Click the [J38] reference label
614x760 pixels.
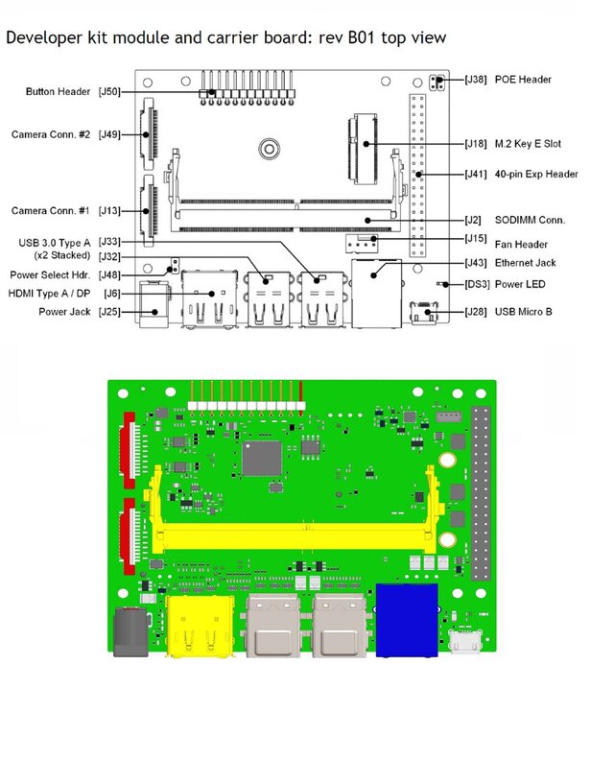[x=477, y=80]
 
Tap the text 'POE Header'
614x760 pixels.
[x=523, y=80]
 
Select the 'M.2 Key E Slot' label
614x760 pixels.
[x=528, y=144]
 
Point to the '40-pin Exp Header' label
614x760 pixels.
[x=536, y=174]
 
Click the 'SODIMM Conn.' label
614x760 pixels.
[x=531, y=220]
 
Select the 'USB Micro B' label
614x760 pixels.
[x=524, y=312]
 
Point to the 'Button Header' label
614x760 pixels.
[x=58, y=92]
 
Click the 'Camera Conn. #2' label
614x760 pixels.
[x=51, y=134]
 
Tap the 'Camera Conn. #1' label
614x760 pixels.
[x=51, y=210]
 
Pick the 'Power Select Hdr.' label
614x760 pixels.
[x=49, y=275]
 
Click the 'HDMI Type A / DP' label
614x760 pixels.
[x=49, y=294]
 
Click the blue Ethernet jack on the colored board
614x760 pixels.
[x=407, y=620]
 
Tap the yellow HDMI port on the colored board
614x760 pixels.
[x=202, y=624]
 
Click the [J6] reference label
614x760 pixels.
[x=111, y=294]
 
